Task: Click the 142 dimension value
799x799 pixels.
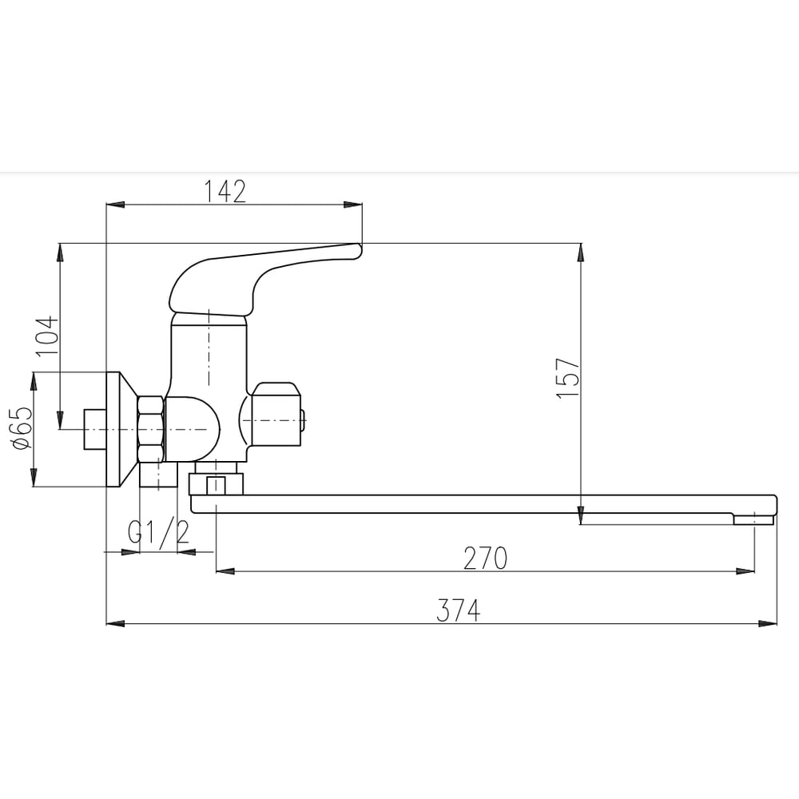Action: tap(225, 192)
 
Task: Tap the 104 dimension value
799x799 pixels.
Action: tap(47, 336)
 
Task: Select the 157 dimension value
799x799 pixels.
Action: tap(568, 378)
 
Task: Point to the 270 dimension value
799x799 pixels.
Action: tap(485, 558)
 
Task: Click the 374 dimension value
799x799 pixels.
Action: tap(458, 610)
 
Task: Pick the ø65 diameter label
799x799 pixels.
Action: tap(22, 428)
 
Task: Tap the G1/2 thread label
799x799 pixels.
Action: tap(158, 532)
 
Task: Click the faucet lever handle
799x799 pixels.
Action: tap(255, 279)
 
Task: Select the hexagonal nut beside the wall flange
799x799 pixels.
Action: tap(151, 429)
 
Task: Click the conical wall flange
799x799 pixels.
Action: tap(121, 429)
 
